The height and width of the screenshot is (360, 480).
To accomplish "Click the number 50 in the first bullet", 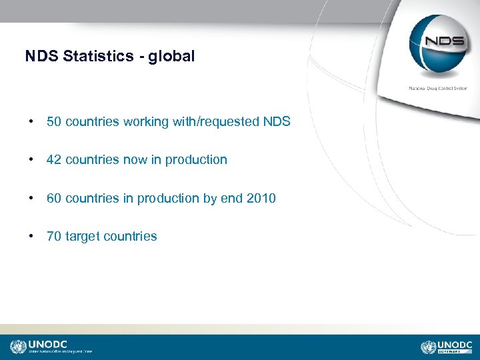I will click(x=54, y=122).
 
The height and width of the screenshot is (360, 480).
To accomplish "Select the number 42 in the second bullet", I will click(x=54, y=160).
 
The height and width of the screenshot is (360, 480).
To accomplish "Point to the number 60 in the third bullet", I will click(x=54, y=198).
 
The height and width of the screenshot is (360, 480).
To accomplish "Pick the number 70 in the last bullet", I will click(x=54, y=236).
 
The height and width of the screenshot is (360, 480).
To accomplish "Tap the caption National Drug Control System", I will click(x=437, y=88).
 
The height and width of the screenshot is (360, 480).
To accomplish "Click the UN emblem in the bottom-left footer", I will click(x=17, y=347).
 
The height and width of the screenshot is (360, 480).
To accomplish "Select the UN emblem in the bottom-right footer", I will click(x=429, y=347).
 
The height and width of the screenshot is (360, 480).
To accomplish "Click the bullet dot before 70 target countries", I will click(x=31, y=236).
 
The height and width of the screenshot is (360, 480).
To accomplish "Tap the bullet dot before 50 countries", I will click(x=31, y=122).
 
